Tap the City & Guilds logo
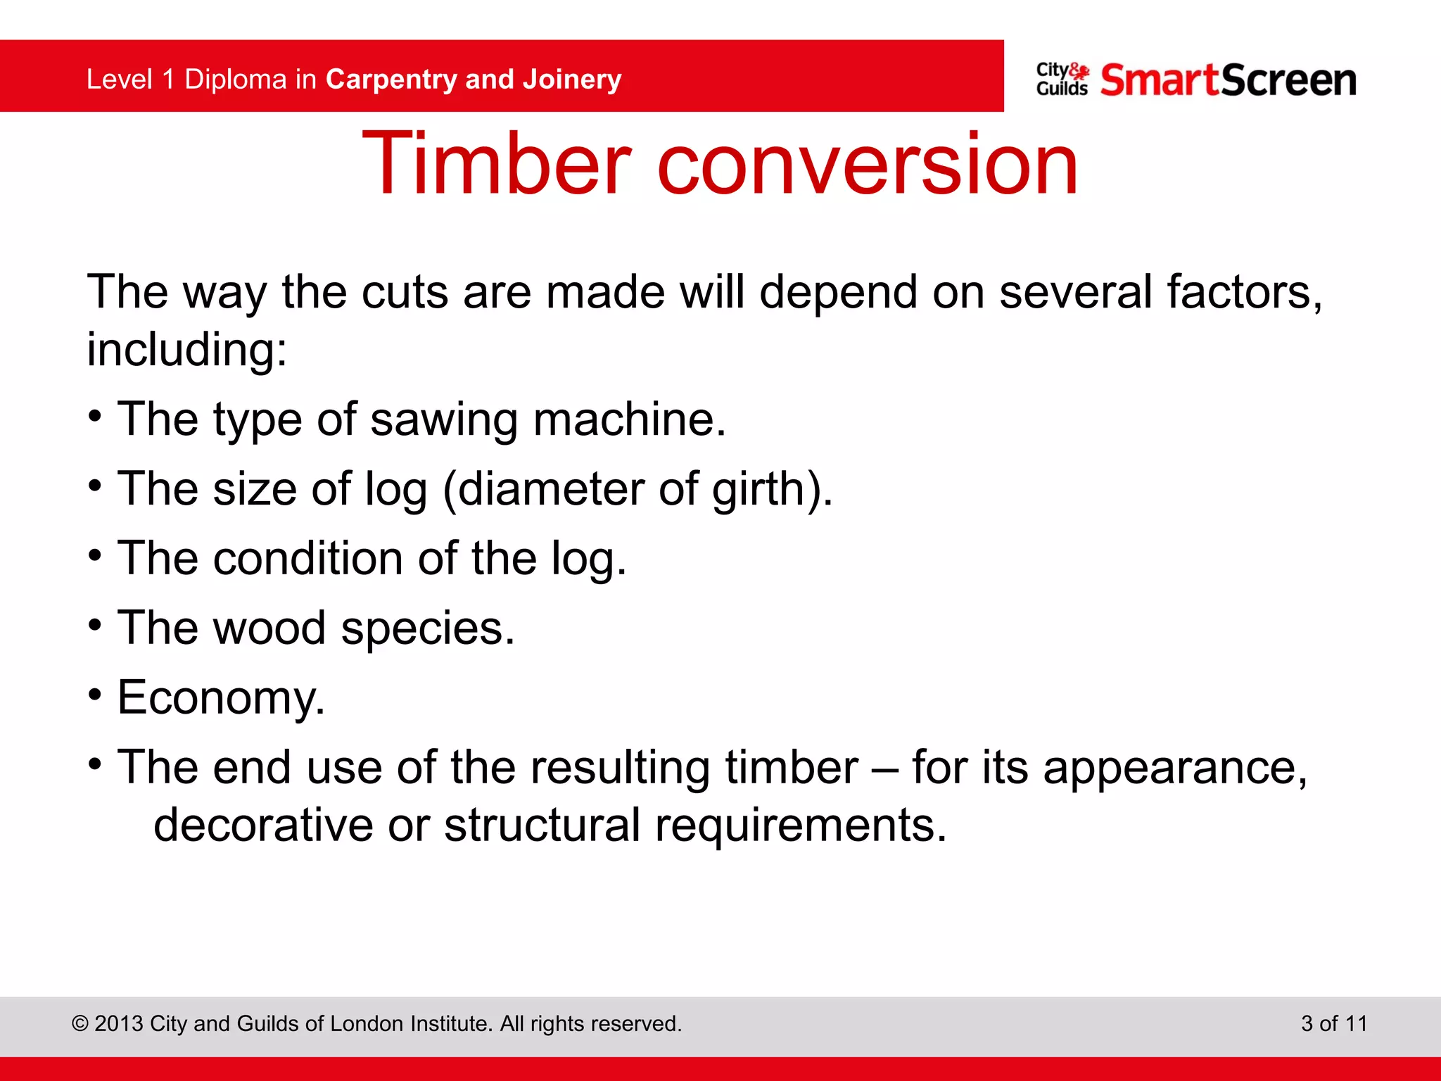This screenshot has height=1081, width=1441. (1062, 80)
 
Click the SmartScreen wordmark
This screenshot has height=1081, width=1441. (1228, 80)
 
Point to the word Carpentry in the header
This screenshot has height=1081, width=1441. (391, 80)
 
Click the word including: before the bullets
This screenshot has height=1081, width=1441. (186, 349)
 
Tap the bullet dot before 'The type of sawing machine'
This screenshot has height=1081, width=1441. (96, 415)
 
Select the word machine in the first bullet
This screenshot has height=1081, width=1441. (628, 419)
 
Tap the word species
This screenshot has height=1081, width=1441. (427, 628)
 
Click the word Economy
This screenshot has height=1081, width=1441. (221, 697)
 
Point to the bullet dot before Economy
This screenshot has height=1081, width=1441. (96, 694)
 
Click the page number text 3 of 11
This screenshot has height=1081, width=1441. (1333, 1023)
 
